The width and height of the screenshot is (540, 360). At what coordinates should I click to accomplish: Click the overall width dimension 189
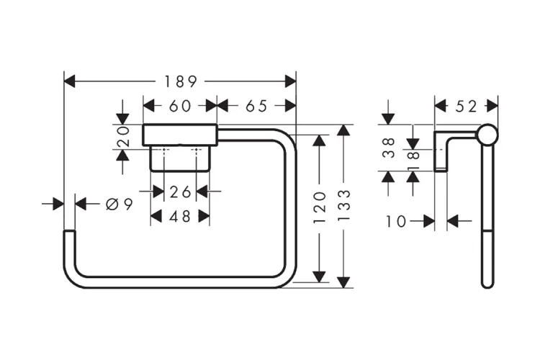point(181,81)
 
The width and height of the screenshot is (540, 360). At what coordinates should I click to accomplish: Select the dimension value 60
point(180,106)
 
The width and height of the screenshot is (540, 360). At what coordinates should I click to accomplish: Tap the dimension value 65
point(256,106)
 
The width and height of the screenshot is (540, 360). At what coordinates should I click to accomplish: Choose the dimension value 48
point(180,216)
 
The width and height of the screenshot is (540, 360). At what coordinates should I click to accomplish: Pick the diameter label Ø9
point(119,204)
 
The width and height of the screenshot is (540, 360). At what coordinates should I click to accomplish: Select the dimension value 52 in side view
point(467,106)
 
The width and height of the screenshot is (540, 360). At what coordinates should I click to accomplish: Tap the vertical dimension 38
point(389,148)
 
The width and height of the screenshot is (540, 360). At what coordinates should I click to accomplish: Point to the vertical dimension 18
point(413,158)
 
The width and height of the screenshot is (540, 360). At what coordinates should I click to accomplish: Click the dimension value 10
point(396,222)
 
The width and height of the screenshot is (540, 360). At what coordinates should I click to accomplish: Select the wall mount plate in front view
point(180,135)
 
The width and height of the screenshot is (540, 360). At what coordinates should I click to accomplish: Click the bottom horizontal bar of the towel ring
point(180,282)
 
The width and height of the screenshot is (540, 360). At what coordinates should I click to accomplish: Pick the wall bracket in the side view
point(442,151)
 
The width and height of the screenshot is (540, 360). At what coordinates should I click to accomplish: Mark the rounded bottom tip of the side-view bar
point(487,283)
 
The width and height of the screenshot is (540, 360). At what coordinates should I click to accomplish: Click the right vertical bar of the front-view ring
point(292,209)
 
